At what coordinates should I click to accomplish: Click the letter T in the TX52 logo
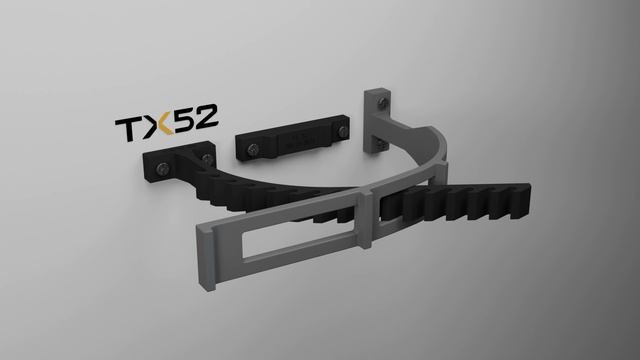(130, 129)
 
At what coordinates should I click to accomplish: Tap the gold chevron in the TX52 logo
(165, 125)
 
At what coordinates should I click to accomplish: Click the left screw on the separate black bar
(253, 149)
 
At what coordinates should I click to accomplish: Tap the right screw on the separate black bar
(342, 131)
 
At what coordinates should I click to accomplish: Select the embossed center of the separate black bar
(299, 140)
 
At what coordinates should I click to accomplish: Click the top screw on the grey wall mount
(382, 102)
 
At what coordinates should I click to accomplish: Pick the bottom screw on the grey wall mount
(380, 143)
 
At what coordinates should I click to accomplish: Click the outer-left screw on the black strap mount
(163, 168)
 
